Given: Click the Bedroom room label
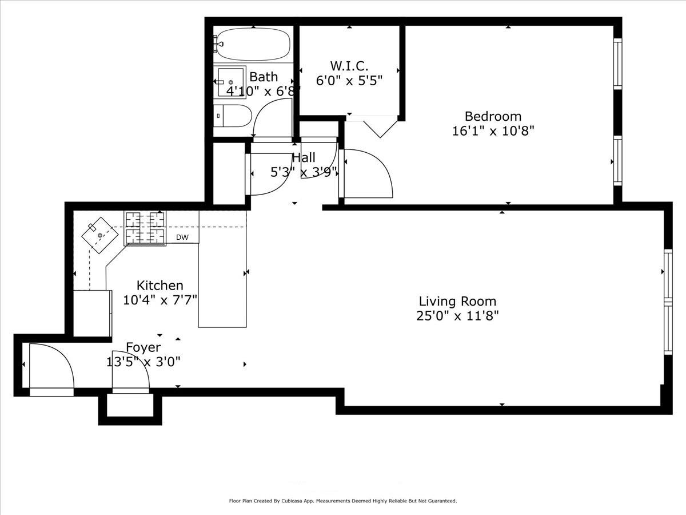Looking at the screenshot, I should point(493,116).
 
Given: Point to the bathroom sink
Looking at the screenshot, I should point(230,82).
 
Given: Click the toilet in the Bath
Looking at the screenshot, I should point(233,116).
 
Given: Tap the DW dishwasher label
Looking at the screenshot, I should point(182,237).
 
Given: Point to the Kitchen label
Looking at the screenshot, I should point(160,285).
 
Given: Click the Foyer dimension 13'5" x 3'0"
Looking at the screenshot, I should point(143,362).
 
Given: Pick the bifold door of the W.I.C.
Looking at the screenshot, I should point(378,127).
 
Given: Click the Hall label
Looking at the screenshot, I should point(304,158).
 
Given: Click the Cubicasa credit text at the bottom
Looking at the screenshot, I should point(342,501).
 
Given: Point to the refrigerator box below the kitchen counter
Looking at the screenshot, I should point(92,313).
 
